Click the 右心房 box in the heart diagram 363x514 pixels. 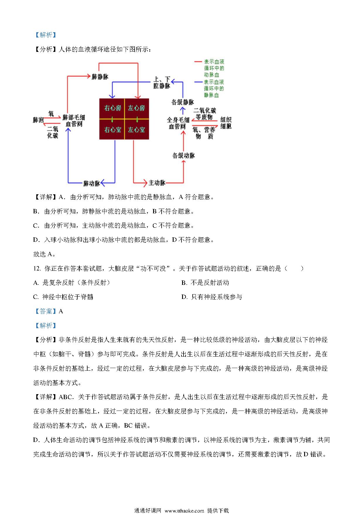112,108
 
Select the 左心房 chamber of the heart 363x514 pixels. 137,108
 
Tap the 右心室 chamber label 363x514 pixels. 112,129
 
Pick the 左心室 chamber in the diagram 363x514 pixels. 137,129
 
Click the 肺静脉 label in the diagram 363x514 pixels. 100,77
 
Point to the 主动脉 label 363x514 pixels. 157,183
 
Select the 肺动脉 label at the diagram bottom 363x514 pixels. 92,183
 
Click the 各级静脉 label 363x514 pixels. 183,102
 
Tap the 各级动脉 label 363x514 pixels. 184,156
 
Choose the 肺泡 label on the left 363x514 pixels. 38,120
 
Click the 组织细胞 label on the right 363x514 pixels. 226,123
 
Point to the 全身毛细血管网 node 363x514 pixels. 178,123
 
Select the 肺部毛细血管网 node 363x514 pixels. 74,121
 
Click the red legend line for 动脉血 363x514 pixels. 198,62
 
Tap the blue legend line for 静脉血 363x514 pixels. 198,82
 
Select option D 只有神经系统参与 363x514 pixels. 212,297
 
